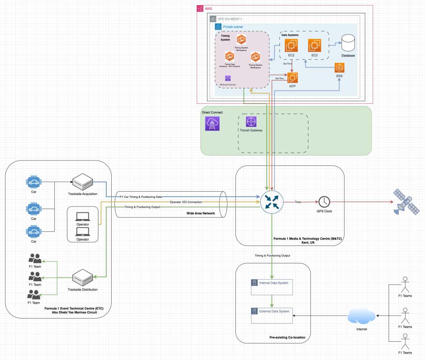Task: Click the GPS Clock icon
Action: [324, 202]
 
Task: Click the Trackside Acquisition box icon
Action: [83, 182]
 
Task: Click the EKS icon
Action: [340, 68]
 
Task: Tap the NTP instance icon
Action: [293, 78]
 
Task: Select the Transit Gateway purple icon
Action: [251, 122]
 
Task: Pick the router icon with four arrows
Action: [271, 202]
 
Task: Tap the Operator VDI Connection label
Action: [186, 202]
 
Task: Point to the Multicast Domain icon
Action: [227, 78]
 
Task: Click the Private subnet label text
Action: [233, 27]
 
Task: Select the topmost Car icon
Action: [34, 182]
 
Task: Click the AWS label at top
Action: [208, 9]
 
